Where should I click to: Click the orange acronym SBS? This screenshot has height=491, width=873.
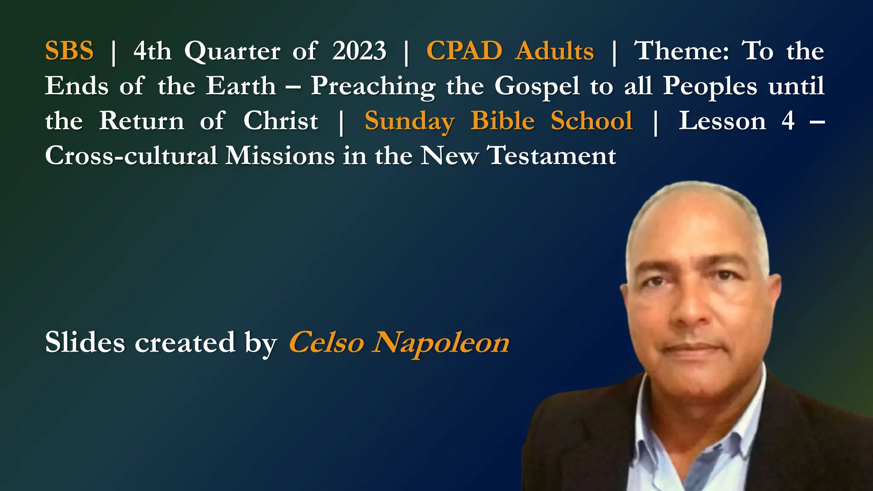[x=69, y=51]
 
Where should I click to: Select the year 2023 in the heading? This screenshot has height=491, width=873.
[x=359, y=51]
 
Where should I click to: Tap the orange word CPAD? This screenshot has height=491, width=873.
[x=464, y=51]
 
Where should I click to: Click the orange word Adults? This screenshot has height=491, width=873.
[x=554, y=51]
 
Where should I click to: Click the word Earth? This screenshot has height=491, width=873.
[x=241, y=86]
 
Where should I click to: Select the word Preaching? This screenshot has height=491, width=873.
[x=373, y=87]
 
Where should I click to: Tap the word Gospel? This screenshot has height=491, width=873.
[x=537, y=87]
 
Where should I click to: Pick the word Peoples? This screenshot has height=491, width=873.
[x=710, y=87]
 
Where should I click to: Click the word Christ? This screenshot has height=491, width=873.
[x=280, y=121]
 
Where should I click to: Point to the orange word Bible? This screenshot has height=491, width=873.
[x=503, y=121]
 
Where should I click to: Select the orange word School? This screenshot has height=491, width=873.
[x=592, y=121]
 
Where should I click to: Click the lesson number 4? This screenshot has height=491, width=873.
[x=788, y=121]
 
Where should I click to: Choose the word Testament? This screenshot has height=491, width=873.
[x=552, y=156]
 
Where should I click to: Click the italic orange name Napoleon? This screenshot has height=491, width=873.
[x=441, y=343]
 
